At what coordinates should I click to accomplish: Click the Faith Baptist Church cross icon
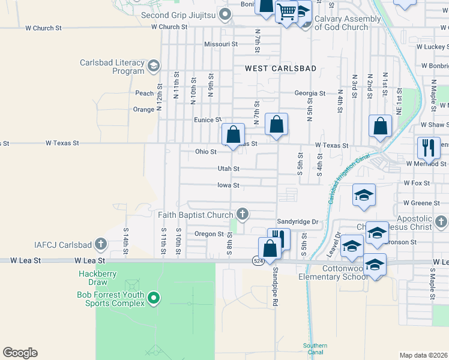pyautogui.click(x=243, y=214)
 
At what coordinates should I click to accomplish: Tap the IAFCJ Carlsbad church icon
pyautogui.click(x=101, y=244)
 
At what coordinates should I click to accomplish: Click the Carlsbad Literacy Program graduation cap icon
pyautogui.click(x=154, y=66)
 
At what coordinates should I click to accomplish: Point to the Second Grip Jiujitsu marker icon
pyautogui.click(x=225, y=14)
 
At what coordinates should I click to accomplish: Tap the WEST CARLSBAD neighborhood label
pyautogui.click(x=280, y=68)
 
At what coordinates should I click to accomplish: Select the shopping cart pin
pyautogui.click(x=287, y=11)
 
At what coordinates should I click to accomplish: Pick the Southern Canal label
pyautogui.click(x=315, y=349)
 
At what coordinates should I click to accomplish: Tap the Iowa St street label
pyautogui.click(x=228, y=185)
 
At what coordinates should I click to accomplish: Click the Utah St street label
pyautogui.click(x=228, y=169)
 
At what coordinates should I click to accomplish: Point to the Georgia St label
pyautogui.click(x=310, y=93)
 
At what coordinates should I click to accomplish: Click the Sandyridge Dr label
pyautogui.click(x=297, y=221)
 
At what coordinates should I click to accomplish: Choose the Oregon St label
pyautogui.click(x=209, y=233)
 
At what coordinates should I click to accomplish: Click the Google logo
pyautogui.click(x=20, y=353)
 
